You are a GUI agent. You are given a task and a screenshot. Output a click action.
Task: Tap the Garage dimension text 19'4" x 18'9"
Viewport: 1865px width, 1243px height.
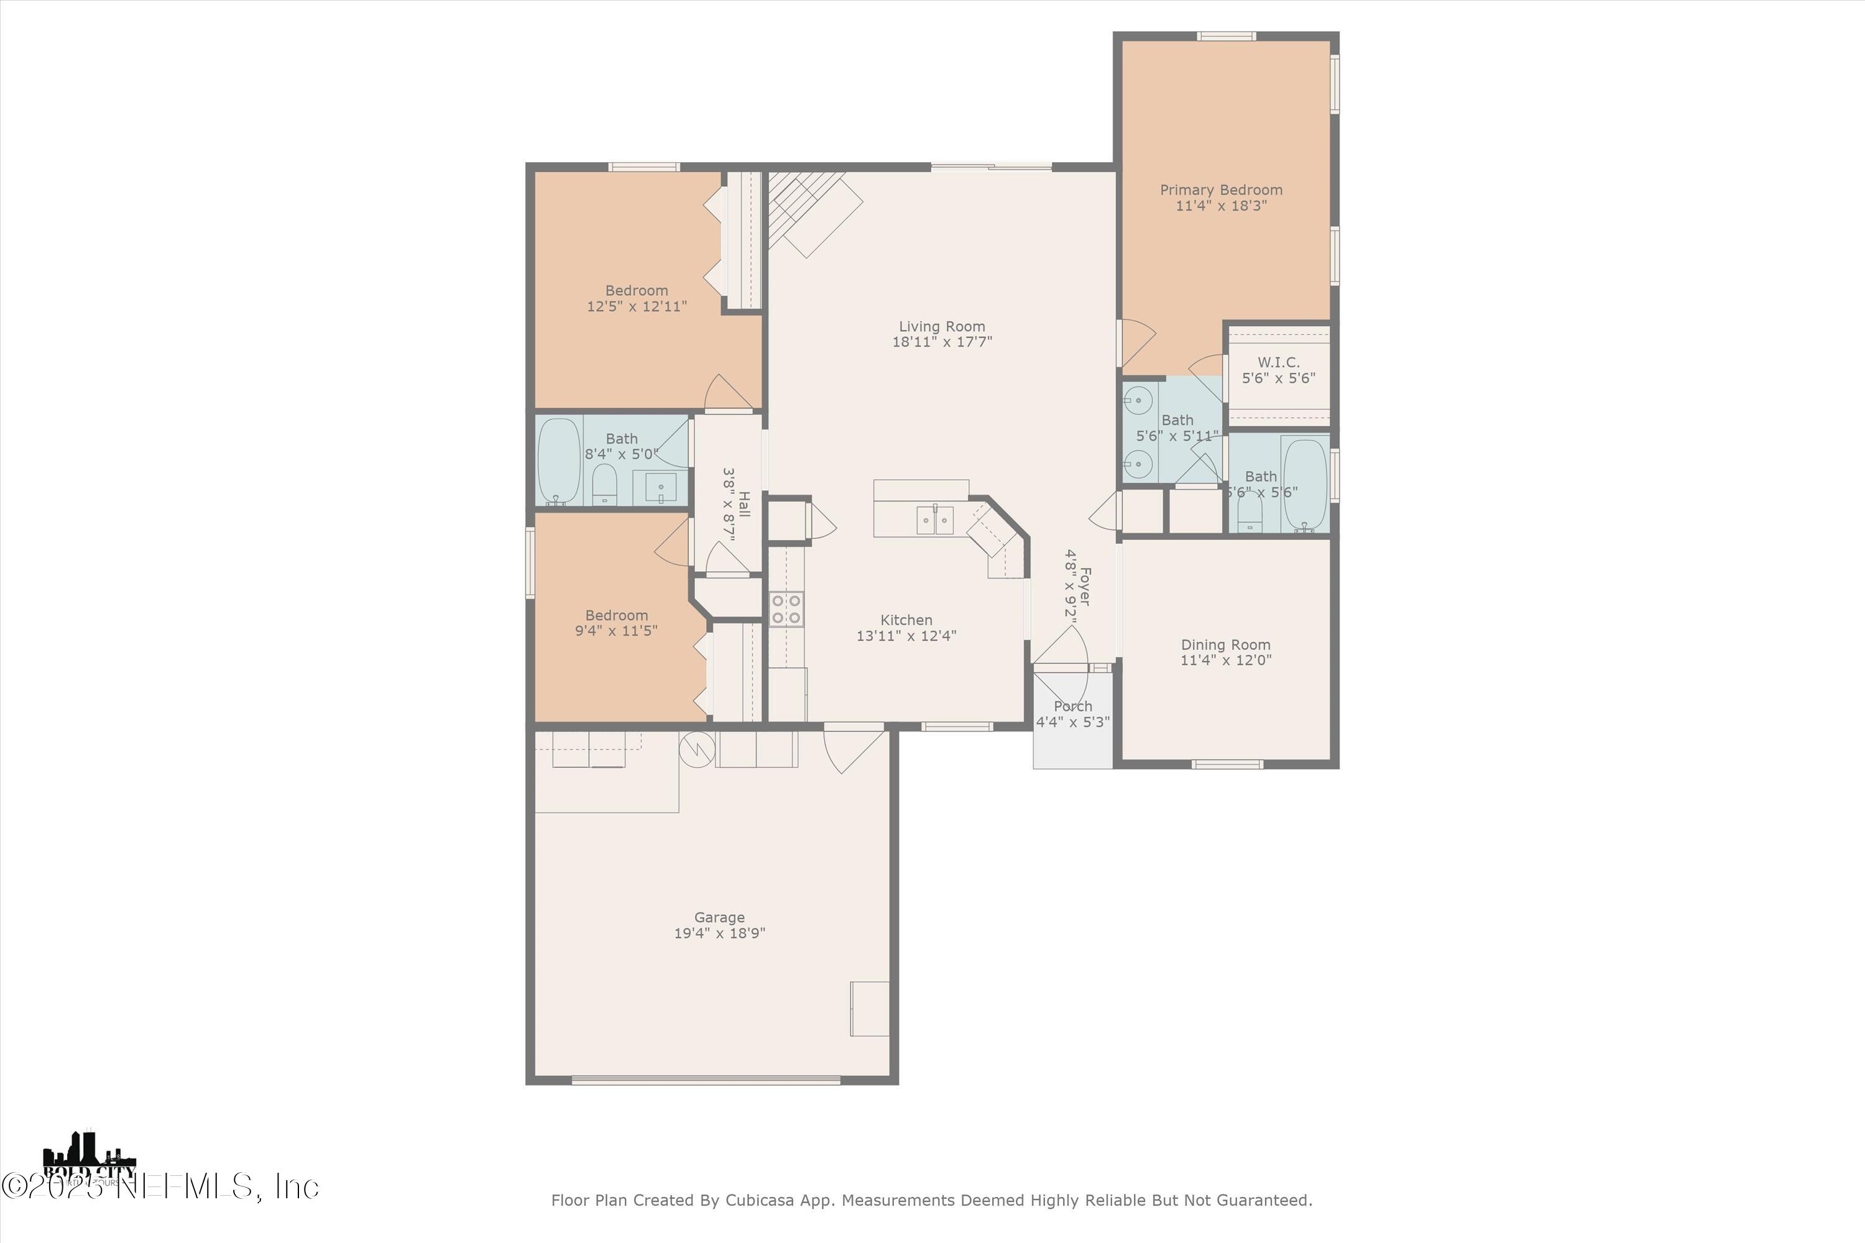pos(719,933)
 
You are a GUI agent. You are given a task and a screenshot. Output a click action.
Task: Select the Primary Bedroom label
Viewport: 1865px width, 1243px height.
pos(1220,190)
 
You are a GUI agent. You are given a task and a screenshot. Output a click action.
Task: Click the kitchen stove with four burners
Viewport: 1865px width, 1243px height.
pos(786,609)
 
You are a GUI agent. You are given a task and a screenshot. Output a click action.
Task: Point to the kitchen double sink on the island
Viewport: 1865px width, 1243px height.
pos(935,520)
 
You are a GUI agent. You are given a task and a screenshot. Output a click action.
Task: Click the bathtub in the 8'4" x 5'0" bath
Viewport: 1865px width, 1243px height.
pos(559,461)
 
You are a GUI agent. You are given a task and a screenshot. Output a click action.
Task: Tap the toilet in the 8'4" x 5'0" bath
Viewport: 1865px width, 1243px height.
pos(605,484)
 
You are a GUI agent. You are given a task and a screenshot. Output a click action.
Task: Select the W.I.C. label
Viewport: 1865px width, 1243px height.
pos(1278,362)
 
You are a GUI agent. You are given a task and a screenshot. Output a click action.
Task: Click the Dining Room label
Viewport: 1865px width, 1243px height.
pos(1225,645)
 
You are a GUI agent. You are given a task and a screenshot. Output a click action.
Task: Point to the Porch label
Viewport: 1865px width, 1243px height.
pos(1073,706)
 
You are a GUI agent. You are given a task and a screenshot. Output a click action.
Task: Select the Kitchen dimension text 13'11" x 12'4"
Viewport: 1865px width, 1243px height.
pos(906,636)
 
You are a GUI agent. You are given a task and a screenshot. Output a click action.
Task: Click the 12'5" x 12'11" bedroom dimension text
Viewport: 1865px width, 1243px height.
pos(637,306)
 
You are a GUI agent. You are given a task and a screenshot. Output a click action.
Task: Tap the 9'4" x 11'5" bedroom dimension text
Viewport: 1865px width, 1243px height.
pos(616,631)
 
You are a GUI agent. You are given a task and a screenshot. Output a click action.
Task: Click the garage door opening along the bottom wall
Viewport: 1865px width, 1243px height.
pos(706,1079)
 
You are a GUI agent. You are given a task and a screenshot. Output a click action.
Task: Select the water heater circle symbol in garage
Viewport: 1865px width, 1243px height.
pos(697,749)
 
